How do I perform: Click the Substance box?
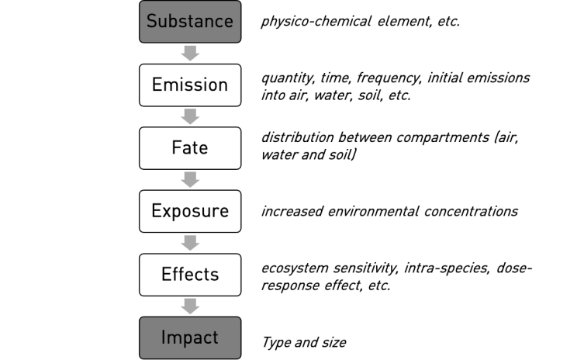(x=190, y=22)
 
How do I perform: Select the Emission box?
(x=190, y=85)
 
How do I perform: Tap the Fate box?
(x=190, y=148)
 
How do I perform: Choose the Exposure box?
(x=190, y=211)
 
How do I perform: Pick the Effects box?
(x=190, y=275)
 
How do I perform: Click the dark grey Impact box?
(x=190, y=338)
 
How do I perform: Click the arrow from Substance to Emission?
(x=190, y=54)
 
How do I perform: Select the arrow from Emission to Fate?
(x=190, y=116)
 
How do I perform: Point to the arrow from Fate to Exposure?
(x=190, y=180)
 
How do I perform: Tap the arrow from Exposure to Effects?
(x=190, y=243)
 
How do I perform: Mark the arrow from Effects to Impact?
(x=190, y=306)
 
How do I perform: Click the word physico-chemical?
(x=316, y=22)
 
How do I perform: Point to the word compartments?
(x=443, y=138)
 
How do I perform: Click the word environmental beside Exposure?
(x=373, y=211)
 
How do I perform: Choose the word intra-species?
(x=447, y=268)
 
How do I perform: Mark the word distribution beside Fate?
(x=297, y=137)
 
